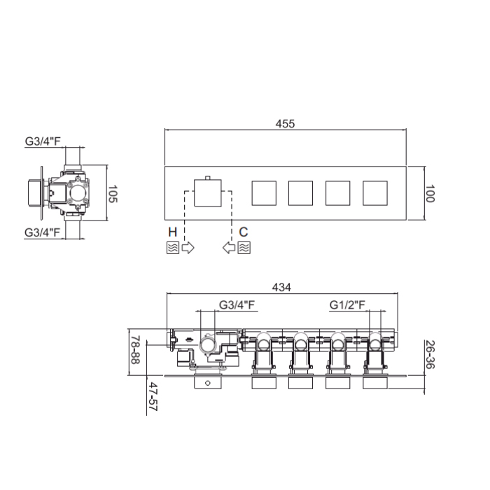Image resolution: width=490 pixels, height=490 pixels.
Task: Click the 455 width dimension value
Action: click(285, 124)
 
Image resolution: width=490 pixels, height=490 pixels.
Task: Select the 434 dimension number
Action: click(281, 287)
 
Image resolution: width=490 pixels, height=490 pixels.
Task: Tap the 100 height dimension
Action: click(430, 193)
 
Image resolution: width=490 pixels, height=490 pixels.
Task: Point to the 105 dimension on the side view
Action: click(113, 194)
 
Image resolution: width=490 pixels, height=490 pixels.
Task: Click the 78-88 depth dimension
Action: click(135, 350)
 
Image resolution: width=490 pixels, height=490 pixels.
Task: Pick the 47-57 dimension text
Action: click(153, 397)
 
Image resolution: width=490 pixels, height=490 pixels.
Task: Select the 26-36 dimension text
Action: click(430, 354)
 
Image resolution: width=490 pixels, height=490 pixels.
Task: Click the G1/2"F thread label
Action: click(347, 304)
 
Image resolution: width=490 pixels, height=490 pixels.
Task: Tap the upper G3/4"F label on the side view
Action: click(43, 141)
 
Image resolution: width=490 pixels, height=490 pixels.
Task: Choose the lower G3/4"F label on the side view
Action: click(42, 232)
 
